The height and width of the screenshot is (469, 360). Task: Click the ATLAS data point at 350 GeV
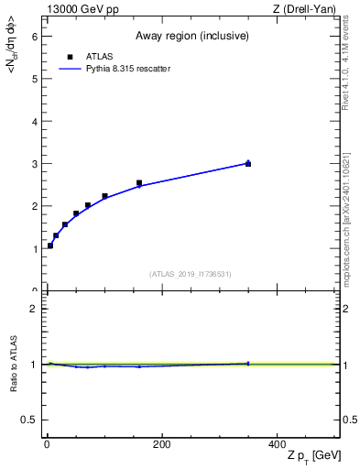(x=248, y=163)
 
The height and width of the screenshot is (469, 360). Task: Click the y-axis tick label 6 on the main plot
(x=34, y=36)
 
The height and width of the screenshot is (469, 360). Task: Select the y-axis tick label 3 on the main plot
(x=34, y=163)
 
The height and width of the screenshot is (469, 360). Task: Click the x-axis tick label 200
(x=161, y=445)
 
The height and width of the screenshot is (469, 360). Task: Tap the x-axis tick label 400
(x=277, y=445)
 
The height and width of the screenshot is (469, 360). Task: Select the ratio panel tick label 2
(x=34, y=309)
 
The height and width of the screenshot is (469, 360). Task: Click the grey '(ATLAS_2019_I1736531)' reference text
(x=191, y=274)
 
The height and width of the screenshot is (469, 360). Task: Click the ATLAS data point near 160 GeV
(x=139, y=183)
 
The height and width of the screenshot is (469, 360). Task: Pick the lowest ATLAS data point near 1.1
(x=50, y=245)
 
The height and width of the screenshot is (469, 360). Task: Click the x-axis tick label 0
(x=47, y=445)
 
